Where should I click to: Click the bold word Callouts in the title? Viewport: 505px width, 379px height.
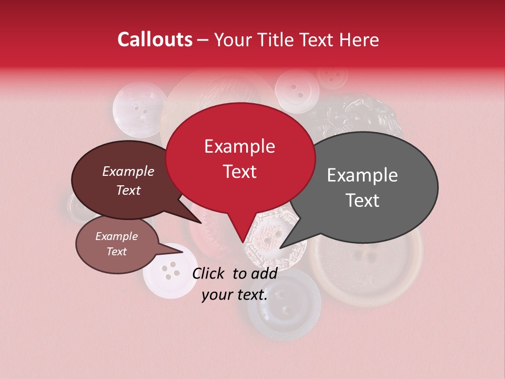pyautogui.click(x=155, y=39)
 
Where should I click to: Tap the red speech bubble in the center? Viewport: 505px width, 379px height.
pyautogui.click(x=240, y=158)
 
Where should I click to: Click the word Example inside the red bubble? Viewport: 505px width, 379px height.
pyautogui.click(x=239, y=146)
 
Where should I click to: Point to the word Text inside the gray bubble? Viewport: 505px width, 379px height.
pyautogui.click(x=363, y=201)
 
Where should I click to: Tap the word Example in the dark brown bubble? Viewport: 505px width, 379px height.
pyautogui.click(x=128, y=171)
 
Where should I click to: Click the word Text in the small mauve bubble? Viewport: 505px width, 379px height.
pyautogui.click(x=117, y=252)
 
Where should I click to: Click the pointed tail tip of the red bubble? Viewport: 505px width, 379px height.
pyautogui.click(x=243, y=243)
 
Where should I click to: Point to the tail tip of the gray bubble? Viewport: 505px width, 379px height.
pyautogui.click(x=280, y=248)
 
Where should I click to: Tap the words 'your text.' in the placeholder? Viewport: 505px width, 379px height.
pyautogui.click(x=235, y=295)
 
